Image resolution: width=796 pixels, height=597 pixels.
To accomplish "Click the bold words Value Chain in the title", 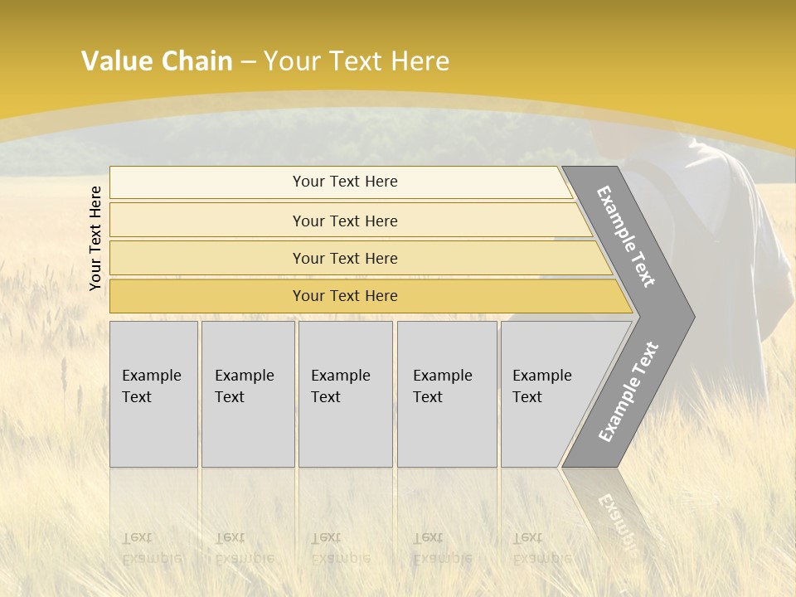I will (x=157, y=61).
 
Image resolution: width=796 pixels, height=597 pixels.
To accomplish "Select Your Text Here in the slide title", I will (x=357, y=61).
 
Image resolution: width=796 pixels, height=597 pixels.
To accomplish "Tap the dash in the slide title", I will (x=248, y=62).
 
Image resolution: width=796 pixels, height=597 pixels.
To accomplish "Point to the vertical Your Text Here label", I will (x=95, y=238).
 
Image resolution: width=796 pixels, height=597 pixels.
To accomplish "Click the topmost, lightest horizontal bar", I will (x=344, y=182).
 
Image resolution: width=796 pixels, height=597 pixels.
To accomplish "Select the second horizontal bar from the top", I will (x=344, y=221).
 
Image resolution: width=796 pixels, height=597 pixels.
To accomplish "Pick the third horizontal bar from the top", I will (x=344, y=258).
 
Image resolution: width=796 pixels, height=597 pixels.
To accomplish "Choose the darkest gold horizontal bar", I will (x=344, y=296).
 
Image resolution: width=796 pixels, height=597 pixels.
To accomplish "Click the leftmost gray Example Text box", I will (x=153, y=394).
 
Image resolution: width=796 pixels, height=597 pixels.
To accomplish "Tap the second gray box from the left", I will (x=247, y=394).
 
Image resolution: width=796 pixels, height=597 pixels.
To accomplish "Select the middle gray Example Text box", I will (x=345, y=394).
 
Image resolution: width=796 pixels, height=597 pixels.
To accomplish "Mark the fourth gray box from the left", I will (x=446, y=394).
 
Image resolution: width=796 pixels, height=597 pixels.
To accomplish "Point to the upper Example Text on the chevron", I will (x=626, y=236).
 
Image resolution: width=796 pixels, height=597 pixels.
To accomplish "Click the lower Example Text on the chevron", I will (x=628, y=392).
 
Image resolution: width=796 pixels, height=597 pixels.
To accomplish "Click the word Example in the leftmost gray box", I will (x=151, y=376).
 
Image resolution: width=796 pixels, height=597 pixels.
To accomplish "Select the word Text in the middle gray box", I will (x=325, y=397).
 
